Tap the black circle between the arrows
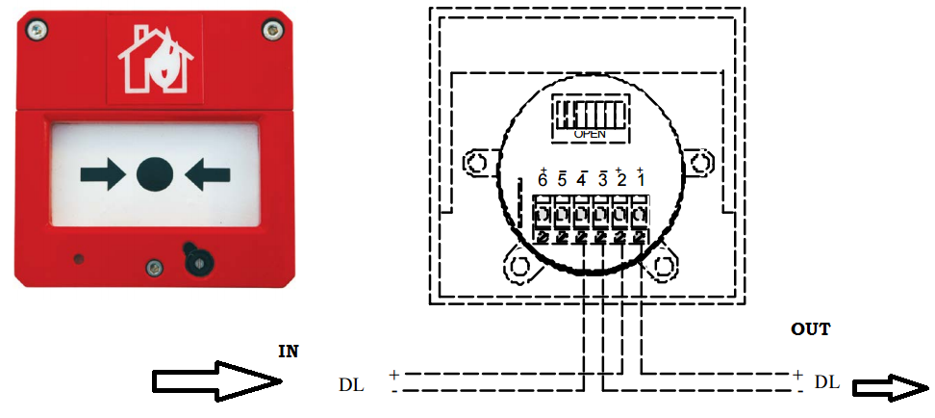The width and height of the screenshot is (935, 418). click(x=155, y=173)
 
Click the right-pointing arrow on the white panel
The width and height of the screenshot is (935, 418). click(x=102, y=173)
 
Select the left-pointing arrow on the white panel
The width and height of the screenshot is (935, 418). click(x=208, y=173)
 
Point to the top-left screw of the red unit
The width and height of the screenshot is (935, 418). click(x=36, y=32)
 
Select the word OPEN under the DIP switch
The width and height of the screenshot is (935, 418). click(x=590, y=135)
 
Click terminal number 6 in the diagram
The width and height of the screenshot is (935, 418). click(x=543, y=179)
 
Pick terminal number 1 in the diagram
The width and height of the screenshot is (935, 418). click(x=640, y=179)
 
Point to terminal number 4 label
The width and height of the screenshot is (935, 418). click(x=581, y=179)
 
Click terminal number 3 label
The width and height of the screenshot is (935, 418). click(x=601, y=179)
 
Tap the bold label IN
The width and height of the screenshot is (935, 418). click(x=288, y=353)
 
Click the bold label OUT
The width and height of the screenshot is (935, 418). click(x=810, y=329)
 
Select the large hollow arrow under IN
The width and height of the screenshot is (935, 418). click(x=217, y=381)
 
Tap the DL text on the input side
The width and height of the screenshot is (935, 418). click(x=351, y=383)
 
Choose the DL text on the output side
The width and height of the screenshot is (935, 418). click(x=826, y=382)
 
